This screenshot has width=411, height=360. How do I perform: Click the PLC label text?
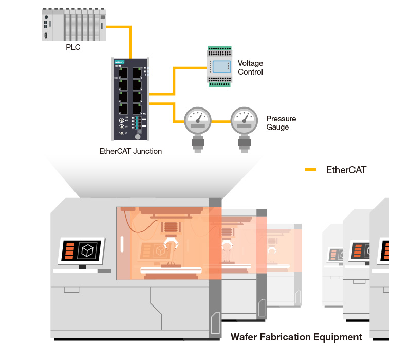point(73,47)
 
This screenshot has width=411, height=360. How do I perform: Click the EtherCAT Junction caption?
point(130,151)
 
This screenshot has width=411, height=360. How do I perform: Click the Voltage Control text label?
point(250,67)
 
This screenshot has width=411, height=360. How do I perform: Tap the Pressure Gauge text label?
point(281,122)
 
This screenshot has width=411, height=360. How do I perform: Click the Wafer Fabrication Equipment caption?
point(296,337)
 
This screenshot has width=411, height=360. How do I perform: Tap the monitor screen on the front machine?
point(83,250)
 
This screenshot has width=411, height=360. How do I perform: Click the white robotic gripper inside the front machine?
point(170,243)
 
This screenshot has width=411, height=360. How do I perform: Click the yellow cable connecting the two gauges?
point(221,122)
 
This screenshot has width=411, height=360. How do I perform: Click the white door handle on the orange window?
point(122,244)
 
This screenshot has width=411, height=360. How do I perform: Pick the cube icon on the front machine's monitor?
point(88,250)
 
